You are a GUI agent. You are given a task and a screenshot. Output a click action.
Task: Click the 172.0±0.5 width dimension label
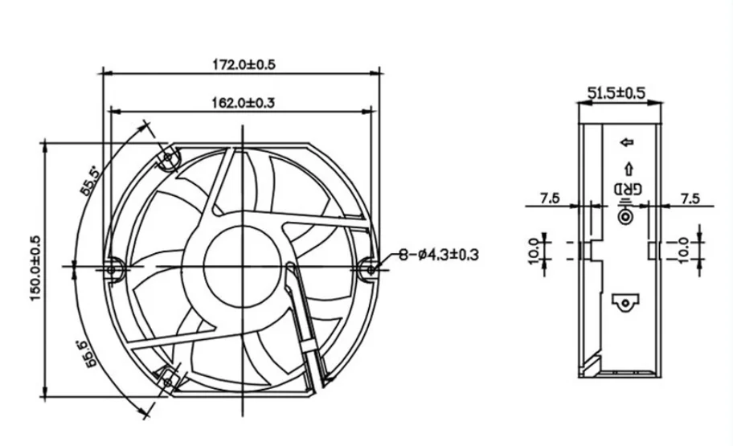242,64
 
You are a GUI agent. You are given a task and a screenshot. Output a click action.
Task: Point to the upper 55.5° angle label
89,181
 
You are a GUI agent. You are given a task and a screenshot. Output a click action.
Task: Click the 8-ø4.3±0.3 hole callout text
439,256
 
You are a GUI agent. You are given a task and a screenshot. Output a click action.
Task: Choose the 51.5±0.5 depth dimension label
616,93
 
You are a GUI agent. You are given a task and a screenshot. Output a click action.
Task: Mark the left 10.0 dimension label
534,250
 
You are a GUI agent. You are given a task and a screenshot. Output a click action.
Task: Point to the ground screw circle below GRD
624,215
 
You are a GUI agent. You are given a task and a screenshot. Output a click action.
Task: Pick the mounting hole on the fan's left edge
114,264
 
